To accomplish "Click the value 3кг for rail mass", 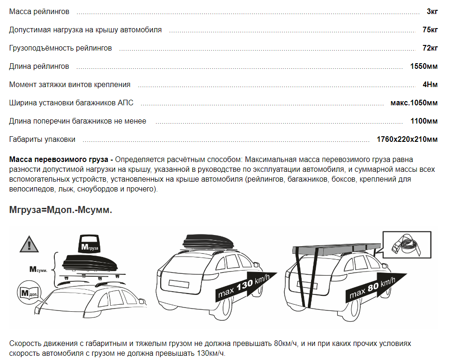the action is pyautogui.click(x=432, y=11).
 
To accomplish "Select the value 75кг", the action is pyautogui.click(x=430, y=29).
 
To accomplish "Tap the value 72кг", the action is pyautogui.click(x=430, y=48).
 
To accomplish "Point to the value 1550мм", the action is pyautogui.click(x=424, y=66).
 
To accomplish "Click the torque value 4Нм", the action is pyautogui.click(x=430, y=85).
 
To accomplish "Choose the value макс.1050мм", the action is pyautogui.click(x=414, y=103).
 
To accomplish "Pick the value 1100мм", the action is pyautogui.click(x=424, y=121).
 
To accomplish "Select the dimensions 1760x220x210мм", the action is pyautogui.click(x=407, y=140).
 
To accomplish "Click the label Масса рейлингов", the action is pyautogui.click(x=39, y=11).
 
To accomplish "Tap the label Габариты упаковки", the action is pyautogui.click(x=42, y=140).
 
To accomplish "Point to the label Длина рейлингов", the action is pyautogui.click(x=39, y=66).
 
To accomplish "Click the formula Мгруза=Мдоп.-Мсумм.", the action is pyautogui.click(x=60, y=210).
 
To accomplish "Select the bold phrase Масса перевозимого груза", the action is pyautogui.click(x=59, y=160).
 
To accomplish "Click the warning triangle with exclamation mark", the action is pyautogui.click(x=29, y=244).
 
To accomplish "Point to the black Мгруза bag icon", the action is pyautogui.click(x=89, y=243).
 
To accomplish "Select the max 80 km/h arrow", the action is pyautogui.click(x=376, y=287).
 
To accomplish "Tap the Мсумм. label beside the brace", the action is pyautogui.click(x=38, y=269).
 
